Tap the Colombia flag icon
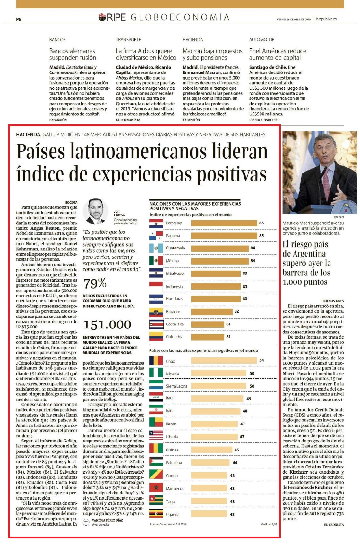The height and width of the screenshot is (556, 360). (x=156, y=336)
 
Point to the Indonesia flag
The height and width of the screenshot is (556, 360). (x=156, y=286)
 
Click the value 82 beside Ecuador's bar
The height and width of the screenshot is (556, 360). (x=236, y=311)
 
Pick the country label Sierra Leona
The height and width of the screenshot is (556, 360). (x=176, y=386)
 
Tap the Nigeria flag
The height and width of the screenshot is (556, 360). (x=156, y=373)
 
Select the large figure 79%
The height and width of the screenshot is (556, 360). (x=95, y=283)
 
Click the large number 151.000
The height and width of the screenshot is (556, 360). (x=107, y=324)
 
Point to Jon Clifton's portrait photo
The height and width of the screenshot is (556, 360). (x=96, y=212)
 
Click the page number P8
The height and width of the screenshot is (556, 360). (x=19, y=19)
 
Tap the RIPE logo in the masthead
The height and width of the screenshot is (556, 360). (x=112, y=18)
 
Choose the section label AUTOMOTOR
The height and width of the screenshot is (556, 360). (x=262, y=40)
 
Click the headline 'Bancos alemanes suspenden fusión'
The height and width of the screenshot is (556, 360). (x=73, y=54)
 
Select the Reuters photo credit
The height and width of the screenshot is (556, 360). (x=339, y=217)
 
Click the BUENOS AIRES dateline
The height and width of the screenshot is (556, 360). (x=333, y=301)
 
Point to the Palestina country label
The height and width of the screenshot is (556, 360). (x=174, y=463)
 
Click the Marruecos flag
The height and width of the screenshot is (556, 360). (x=156, y=488)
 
